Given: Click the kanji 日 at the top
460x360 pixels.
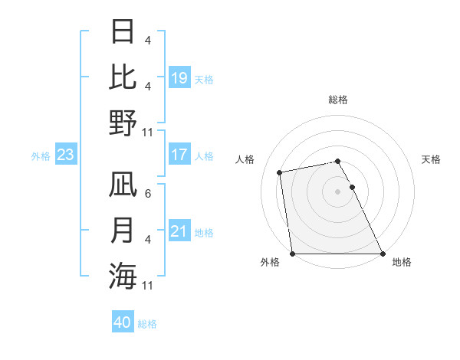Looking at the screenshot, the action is click(x=123, y=33).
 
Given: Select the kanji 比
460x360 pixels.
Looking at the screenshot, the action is click(x=123, y=77).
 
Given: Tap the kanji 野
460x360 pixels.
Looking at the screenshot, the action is click(x=123, y=123).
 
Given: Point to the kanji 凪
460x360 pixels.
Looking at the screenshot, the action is click(x=123, y=186).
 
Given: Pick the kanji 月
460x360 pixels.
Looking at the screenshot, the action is click(x=123, y=231).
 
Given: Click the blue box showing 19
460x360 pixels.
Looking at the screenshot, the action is click(x=179, y=78).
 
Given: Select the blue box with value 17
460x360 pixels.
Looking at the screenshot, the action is click(x=179, y=155).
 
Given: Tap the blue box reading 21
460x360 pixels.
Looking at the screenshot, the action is click(x=179, y=231).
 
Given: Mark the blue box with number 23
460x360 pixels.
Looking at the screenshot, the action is click(x=66, y=155).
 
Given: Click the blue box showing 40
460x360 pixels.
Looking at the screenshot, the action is click(x=123, y=322).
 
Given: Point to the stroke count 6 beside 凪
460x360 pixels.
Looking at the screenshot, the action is click(x=148, y=195).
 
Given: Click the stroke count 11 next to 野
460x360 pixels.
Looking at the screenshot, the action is click(x=148, y=133).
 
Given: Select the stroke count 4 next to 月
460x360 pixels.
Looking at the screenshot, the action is click(x=148, y=240).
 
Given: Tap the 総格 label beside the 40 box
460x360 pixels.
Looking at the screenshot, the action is click(x=148, y=324).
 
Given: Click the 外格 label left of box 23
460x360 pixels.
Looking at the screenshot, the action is click(x=41, y=156).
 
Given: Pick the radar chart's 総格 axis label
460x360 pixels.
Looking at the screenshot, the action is click(x=337, y=100).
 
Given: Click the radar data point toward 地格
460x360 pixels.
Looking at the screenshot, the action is click(x=382, y=253).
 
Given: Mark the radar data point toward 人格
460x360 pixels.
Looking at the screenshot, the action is click(x=280, y=172).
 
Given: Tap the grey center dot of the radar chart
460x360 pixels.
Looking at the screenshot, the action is click(x=337, y=191).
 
